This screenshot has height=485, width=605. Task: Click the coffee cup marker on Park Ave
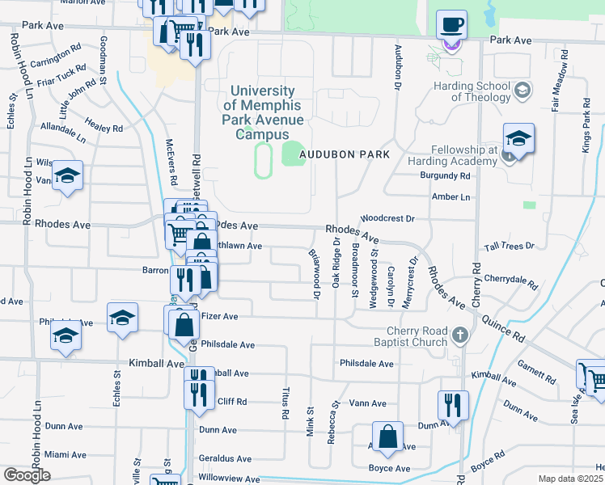(452, 24)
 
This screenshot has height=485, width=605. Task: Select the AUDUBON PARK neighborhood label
(345, 154)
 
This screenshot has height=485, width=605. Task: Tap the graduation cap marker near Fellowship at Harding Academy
(518, 139)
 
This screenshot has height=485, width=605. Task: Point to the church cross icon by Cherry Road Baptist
(459, 335)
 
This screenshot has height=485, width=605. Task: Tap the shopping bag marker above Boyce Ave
(388, 436)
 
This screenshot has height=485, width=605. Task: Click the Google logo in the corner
(27, 475)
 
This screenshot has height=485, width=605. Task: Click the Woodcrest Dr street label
(387, 218)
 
